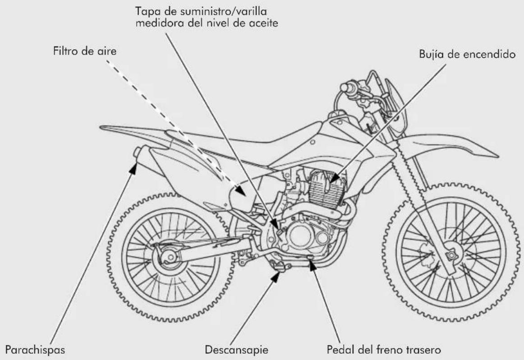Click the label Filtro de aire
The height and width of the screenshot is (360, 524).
pos(85,51)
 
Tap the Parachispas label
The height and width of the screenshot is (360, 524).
pos(35,350)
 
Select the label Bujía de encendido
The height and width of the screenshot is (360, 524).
pos(467,54)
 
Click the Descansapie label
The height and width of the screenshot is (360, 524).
pos(236,350)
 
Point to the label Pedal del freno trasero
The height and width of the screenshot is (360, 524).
pos(384,350)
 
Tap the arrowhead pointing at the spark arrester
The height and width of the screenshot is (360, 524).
pos(133,167)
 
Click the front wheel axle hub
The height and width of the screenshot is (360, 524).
pos(451,256)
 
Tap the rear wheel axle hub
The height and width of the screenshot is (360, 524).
pos(170,257)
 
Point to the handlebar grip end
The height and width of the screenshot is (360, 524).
pos(344,88)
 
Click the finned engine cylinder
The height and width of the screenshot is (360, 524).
pos(326,190)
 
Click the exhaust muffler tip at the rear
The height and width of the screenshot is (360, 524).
pos(137,152)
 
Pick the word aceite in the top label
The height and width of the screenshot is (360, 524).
pos(264,23)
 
